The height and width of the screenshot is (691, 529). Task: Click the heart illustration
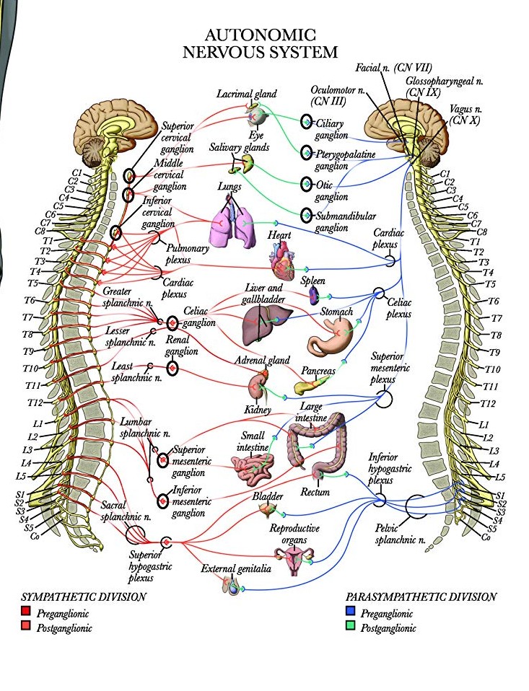(x=282, y=262)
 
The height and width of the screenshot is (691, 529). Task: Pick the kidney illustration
(x=258, y=387)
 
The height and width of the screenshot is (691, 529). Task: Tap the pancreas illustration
(x=311, y=383)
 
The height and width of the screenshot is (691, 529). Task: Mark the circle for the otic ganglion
(x=307, y=185)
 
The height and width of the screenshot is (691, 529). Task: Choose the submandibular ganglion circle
(x=307, y=215)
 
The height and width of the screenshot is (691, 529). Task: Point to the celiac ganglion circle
(x=172, y=323)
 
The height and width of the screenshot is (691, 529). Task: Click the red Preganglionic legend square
(x=26, y=613)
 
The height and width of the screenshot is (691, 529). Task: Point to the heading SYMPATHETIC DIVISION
(x=84, y=597)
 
